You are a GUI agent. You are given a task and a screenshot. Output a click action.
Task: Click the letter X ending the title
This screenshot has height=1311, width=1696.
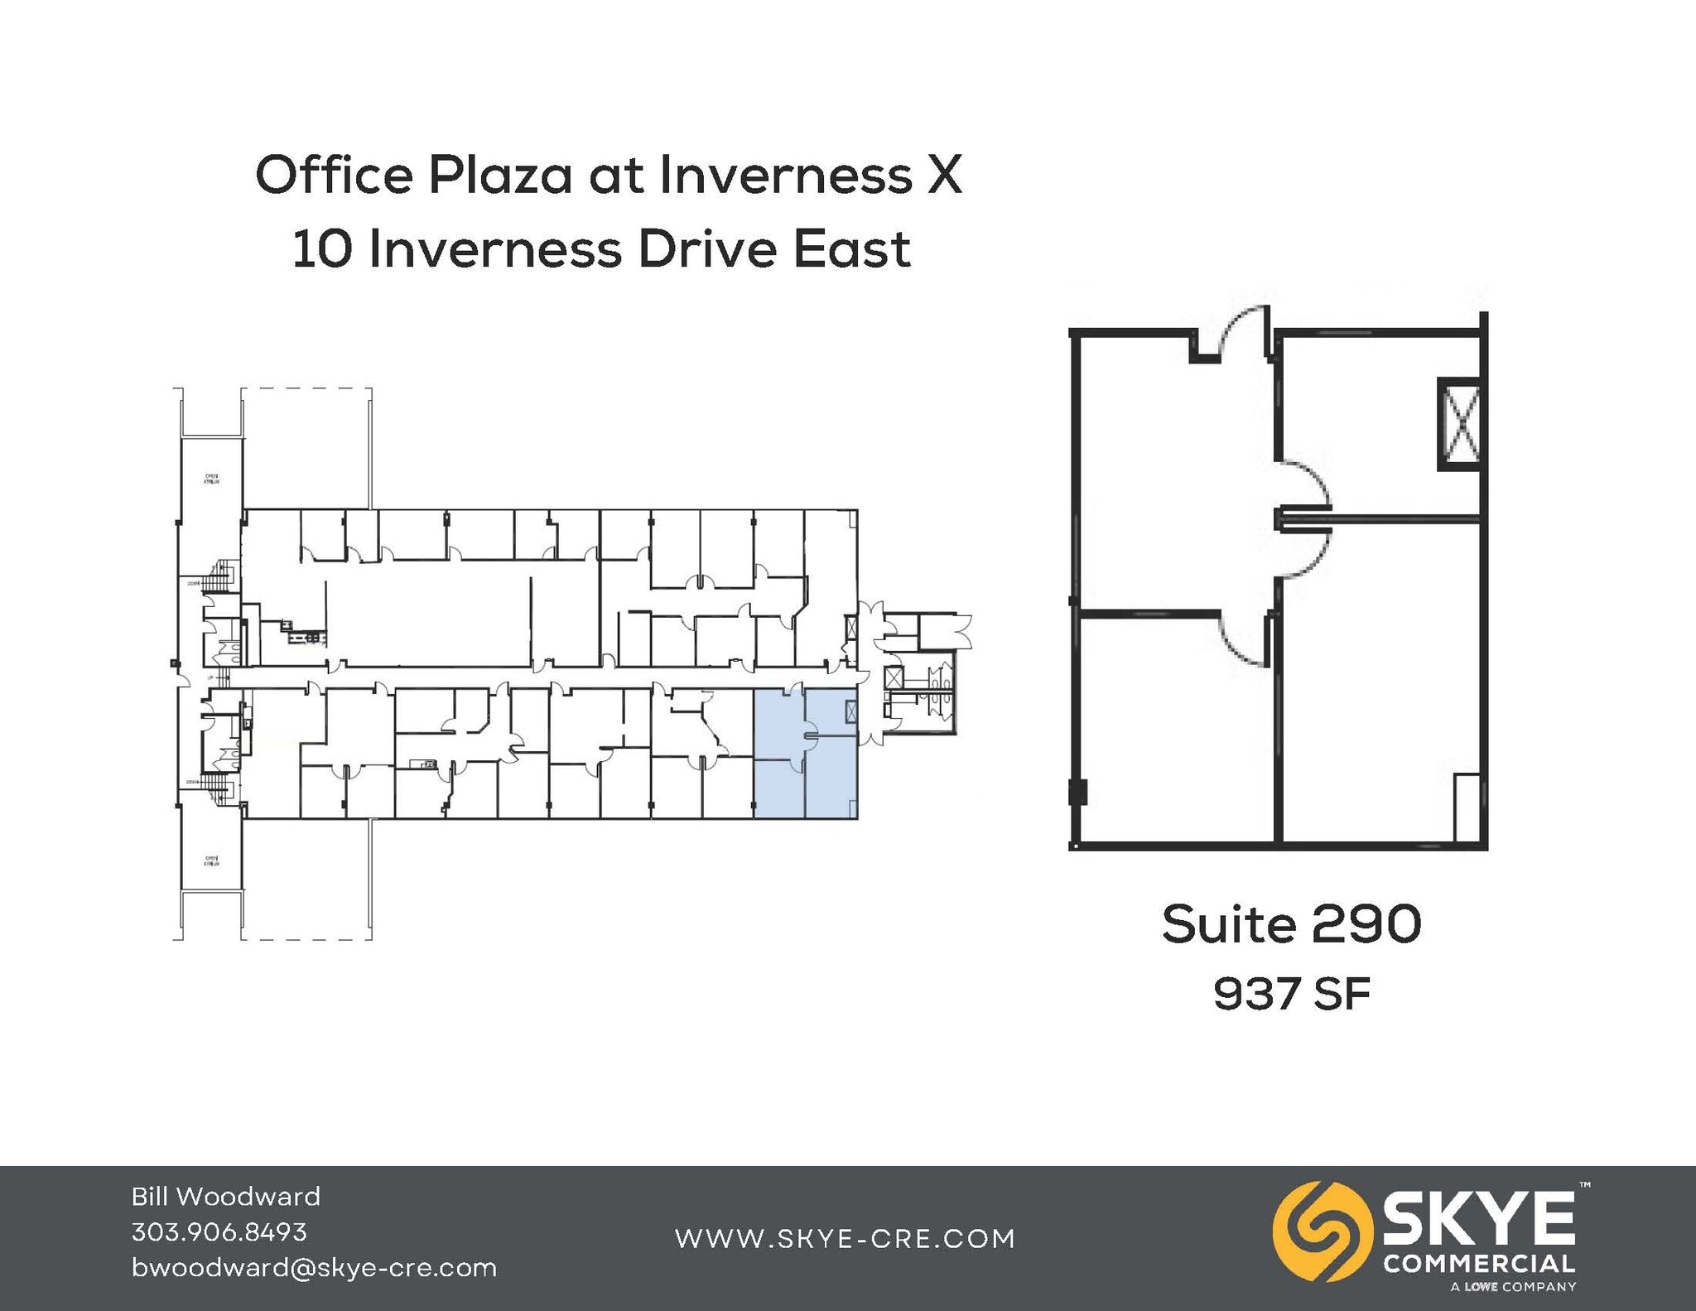tap(944, 176)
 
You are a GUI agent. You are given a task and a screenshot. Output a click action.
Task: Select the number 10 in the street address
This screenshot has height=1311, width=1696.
tap(322, 249)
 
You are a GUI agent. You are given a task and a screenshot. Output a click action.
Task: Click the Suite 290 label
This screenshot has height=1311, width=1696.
tap(1291, 924)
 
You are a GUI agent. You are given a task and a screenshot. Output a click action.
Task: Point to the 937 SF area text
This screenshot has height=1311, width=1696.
tap(1291, 994)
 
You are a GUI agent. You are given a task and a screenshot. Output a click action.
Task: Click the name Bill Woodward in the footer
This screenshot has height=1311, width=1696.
tap(225, 1197)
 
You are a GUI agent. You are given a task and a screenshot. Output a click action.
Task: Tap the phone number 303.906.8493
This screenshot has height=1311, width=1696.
tap(219, 1232)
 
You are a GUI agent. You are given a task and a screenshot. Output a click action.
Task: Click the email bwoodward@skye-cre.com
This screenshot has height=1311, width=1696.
tap(314, 1268)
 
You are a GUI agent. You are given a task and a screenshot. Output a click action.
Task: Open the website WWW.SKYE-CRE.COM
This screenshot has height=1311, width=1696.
tap(845, 1239)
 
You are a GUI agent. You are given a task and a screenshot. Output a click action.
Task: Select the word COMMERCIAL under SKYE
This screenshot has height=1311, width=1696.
tap(1479, 1265)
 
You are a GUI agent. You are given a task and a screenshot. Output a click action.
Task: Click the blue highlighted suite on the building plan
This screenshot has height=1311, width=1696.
tap(805, 754)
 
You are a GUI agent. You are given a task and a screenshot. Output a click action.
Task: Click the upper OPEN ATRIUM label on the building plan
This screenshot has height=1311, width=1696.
tap(211, 478)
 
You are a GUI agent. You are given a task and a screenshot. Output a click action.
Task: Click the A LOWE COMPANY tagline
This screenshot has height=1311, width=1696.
tap(1513, 1287)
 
